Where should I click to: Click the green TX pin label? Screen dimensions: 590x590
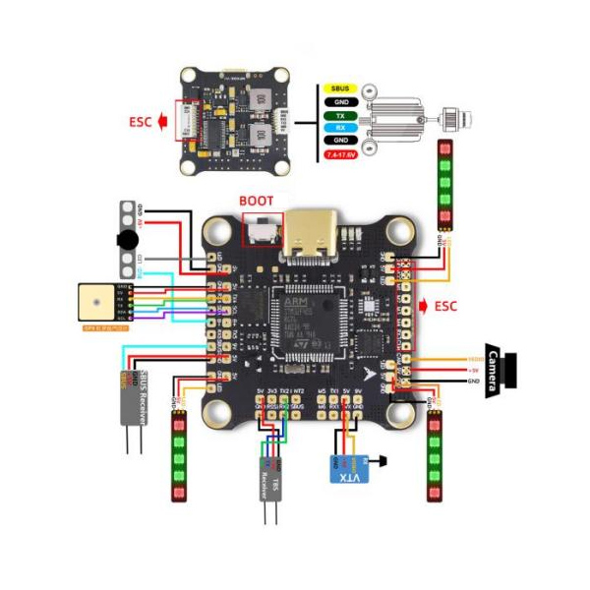pos(341,116)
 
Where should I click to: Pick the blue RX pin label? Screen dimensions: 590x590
pos(341,128)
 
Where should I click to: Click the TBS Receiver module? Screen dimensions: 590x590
pos(271,481)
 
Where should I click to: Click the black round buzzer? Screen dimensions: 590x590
pos(127,240)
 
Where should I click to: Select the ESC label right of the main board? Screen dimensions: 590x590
pos(445,306)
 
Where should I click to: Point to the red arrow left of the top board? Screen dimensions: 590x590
pos(165,123)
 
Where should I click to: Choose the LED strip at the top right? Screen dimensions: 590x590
pos(444,183)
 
